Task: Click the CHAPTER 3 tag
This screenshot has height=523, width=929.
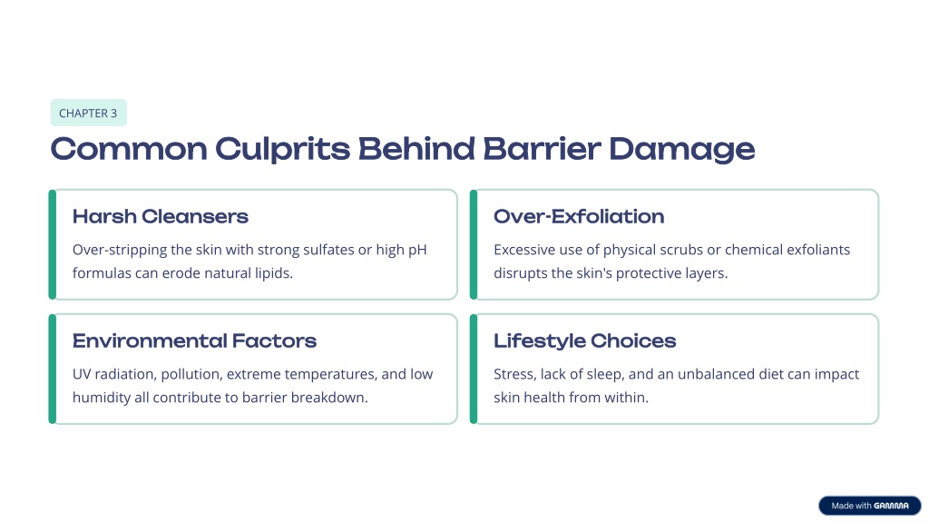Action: tap(88, 113)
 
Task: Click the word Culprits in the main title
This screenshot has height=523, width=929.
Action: tap(283, 150)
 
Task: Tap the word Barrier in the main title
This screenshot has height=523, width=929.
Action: tap(543, 148)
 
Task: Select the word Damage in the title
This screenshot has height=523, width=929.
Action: tap(682, 150)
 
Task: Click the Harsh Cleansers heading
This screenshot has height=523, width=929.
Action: tap(161, 216)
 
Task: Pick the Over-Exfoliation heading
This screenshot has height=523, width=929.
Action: tap(579, 216)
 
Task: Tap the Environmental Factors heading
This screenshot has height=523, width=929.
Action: tap(194, 341)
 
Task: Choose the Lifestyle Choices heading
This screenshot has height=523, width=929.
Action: tap(585, 341)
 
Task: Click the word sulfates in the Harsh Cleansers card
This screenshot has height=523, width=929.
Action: tap(328, 250)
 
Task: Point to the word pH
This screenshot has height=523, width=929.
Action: tap(417, 251)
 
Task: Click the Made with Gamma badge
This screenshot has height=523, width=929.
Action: tap(870, 506)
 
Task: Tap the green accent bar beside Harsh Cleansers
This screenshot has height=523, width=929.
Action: tap(52, 244)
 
